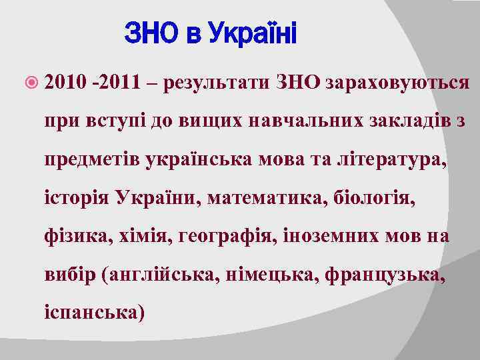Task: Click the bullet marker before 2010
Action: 35,84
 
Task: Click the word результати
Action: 221,83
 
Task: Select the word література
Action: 389,160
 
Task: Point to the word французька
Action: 383,274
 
